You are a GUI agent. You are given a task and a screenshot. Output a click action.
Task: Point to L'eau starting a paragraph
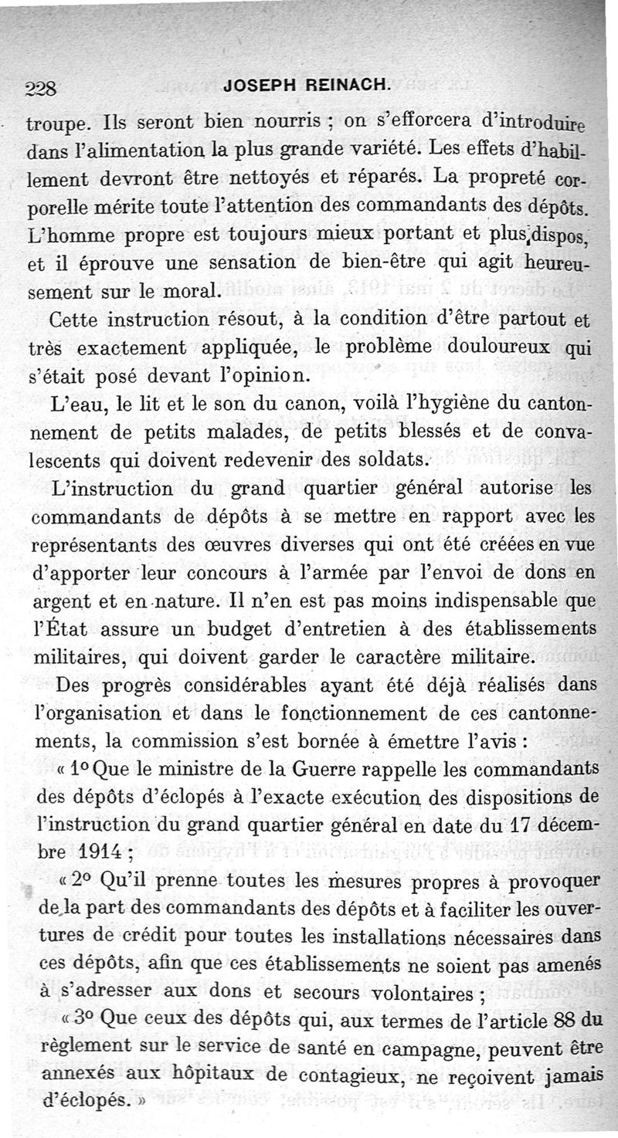coord(73,403)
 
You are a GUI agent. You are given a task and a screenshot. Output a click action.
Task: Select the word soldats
coord(389,461)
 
